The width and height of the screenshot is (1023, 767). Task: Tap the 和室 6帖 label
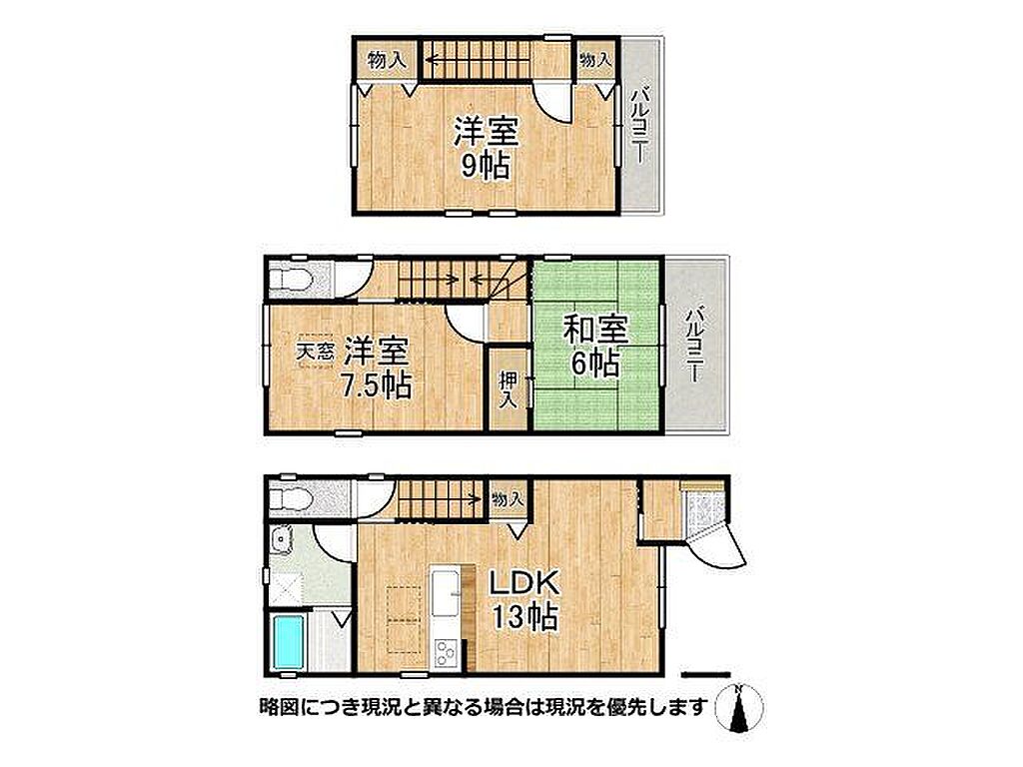point(595,347)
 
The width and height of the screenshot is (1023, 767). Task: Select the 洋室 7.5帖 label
point(377,370)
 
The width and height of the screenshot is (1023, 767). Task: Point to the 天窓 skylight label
point(316,353)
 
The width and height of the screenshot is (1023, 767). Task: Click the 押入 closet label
point(509,389)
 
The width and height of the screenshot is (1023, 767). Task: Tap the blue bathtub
point(288,642)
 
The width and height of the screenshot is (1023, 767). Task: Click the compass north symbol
point(739,708)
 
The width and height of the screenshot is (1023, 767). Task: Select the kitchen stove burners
point(446,653)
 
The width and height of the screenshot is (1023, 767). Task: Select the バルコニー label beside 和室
point(694,345)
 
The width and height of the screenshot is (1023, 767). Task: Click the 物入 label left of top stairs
point(388,61)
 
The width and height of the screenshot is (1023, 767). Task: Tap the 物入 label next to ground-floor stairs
point(507,499)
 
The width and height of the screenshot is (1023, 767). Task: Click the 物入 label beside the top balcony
point(595,60)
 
